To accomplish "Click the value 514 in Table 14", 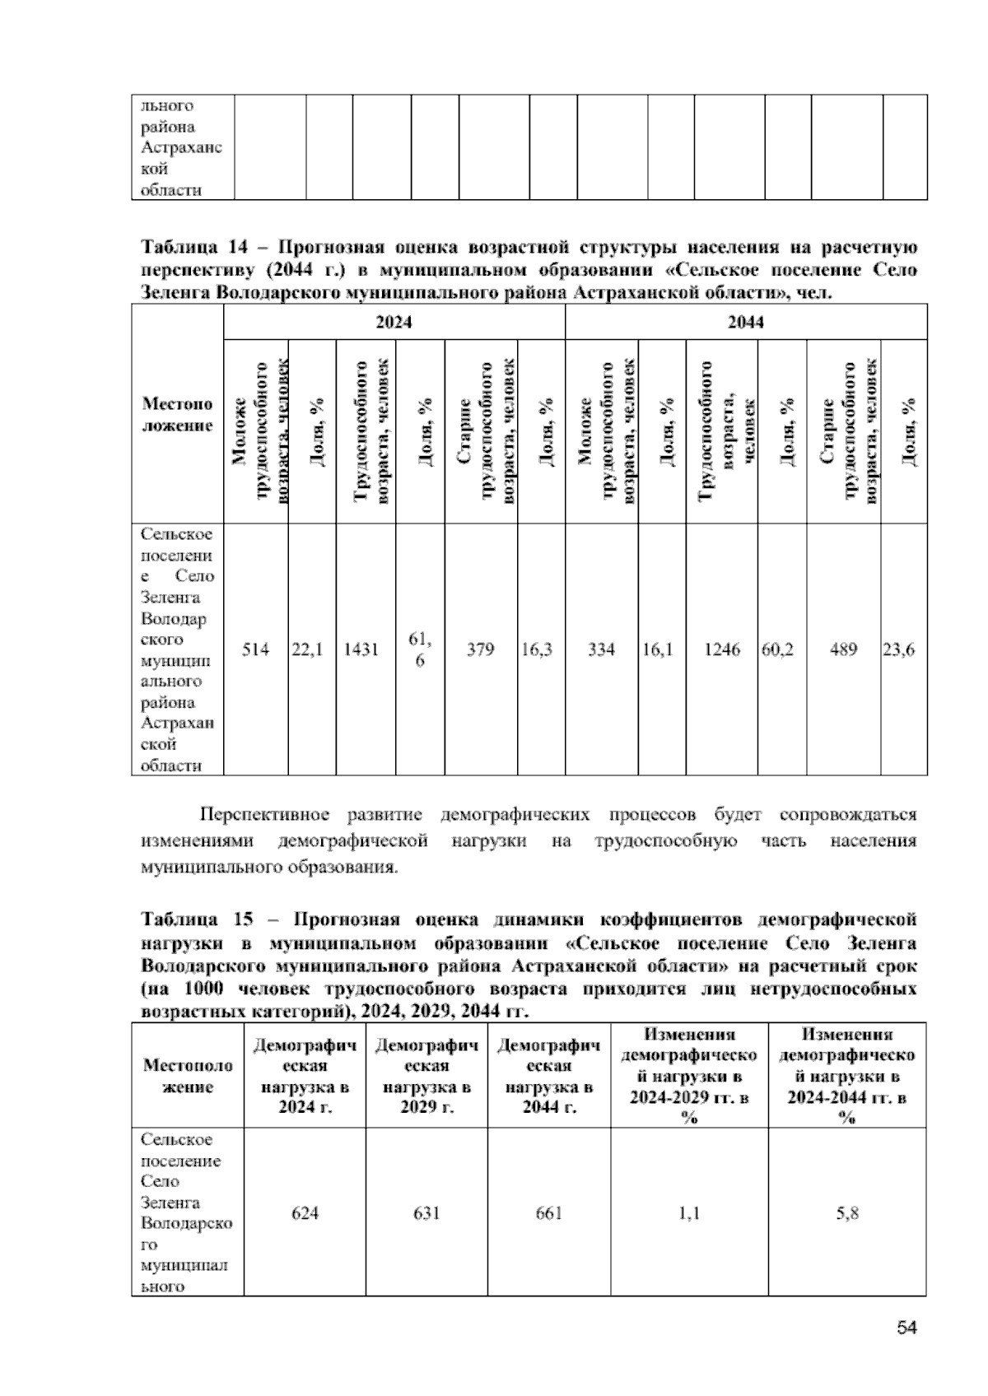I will (255, 649).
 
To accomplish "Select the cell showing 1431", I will (361, 649).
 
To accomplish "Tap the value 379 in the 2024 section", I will (480, 649).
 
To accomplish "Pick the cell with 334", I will (601, 649).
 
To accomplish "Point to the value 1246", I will (722, 649).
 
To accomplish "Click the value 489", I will (843, 649).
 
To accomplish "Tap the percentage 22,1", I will (308, 649).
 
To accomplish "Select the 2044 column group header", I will (745, 323).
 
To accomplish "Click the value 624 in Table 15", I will (305, 1213).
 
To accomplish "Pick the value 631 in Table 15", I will (426, 1213).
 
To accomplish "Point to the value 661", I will (548, 1213).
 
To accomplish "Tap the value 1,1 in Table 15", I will (689, 1213).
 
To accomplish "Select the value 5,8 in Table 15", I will (847, 1213).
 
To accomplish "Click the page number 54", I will (907, 1328).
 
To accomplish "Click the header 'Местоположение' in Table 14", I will (177, 415).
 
